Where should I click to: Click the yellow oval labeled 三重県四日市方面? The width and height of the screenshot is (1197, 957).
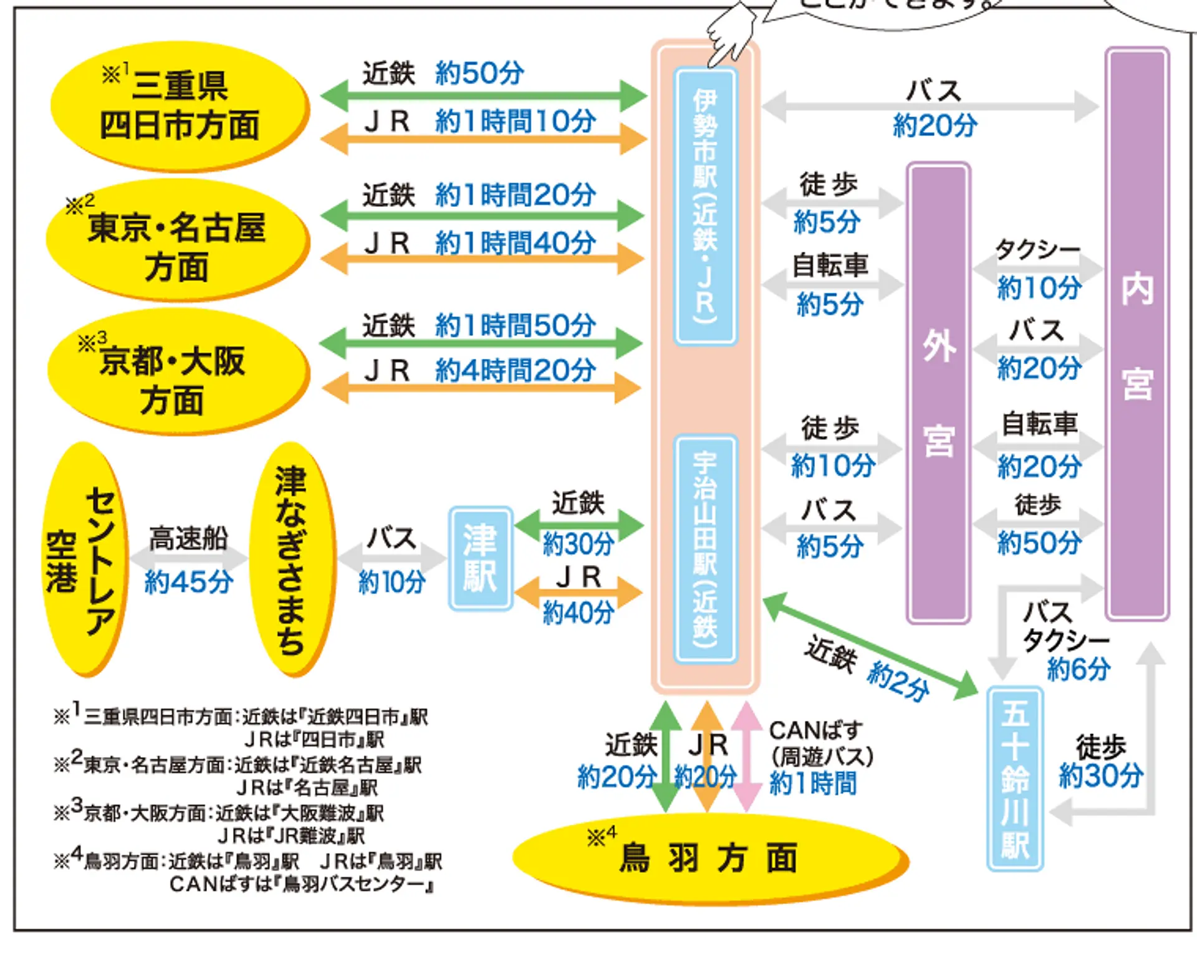(x=180, y=106)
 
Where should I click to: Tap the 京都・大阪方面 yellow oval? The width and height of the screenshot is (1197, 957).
(x=178, y=374)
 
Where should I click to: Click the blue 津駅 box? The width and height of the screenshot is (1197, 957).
(x=480, y=558)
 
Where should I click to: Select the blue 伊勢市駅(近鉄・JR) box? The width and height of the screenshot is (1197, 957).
(x=706, y=206)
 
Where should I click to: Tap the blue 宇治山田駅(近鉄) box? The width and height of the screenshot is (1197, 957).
(x=706, y=548)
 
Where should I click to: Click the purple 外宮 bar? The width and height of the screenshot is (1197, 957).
(x=938, y=393)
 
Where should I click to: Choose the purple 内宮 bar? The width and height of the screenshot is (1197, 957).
(x=1137, y=333)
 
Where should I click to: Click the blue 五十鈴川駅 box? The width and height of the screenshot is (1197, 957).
(x=1014, y=779)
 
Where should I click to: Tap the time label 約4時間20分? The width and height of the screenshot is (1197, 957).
(x=515, y=371)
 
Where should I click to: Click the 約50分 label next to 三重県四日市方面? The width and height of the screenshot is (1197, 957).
(x=479, y=74)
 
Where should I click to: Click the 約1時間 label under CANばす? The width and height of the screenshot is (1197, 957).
(x=813, y=783)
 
